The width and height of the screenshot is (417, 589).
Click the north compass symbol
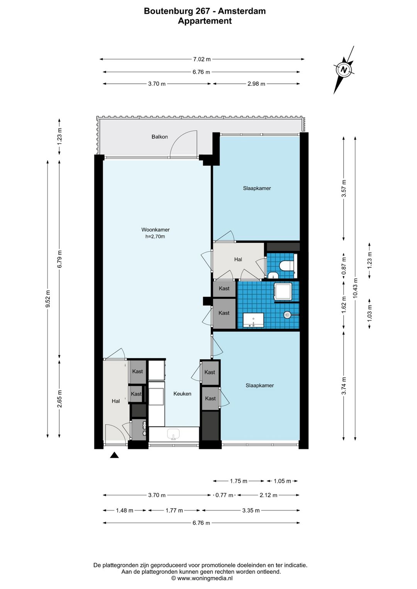[344, 70]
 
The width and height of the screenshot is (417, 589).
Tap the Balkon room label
[159, 137]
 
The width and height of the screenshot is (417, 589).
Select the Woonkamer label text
[156, 230]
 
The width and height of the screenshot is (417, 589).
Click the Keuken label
[182, 394]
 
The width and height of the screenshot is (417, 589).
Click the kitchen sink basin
[173, 434]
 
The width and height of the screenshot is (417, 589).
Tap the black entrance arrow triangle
[114, 455]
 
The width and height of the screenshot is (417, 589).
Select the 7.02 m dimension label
[202, 59]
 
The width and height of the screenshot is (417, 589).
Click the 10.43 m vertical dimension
[355, 288]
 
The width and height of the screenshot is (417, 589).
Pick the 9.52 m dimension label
[47, 299]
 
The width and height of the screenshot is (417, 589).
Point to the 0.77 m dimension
[224, 495]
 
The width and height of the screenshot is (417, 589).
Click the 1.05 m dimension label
[282, 481]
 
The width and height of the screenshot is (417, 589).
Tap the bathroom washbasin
[253, 320]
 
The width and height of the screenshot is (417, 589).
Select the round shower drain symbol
[287, 315]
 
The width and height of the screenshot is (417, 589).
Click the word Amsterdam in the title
[242, 11]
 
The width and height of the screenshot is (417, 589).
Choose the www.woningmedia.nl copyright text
[202, 578]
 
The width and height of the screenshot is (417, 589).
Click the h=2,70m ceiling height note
[155, 236]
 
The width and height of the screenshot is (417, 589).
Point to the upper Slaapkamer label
[257, 188]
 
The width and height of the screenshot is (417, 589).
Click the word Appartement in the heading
[205, 21]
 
